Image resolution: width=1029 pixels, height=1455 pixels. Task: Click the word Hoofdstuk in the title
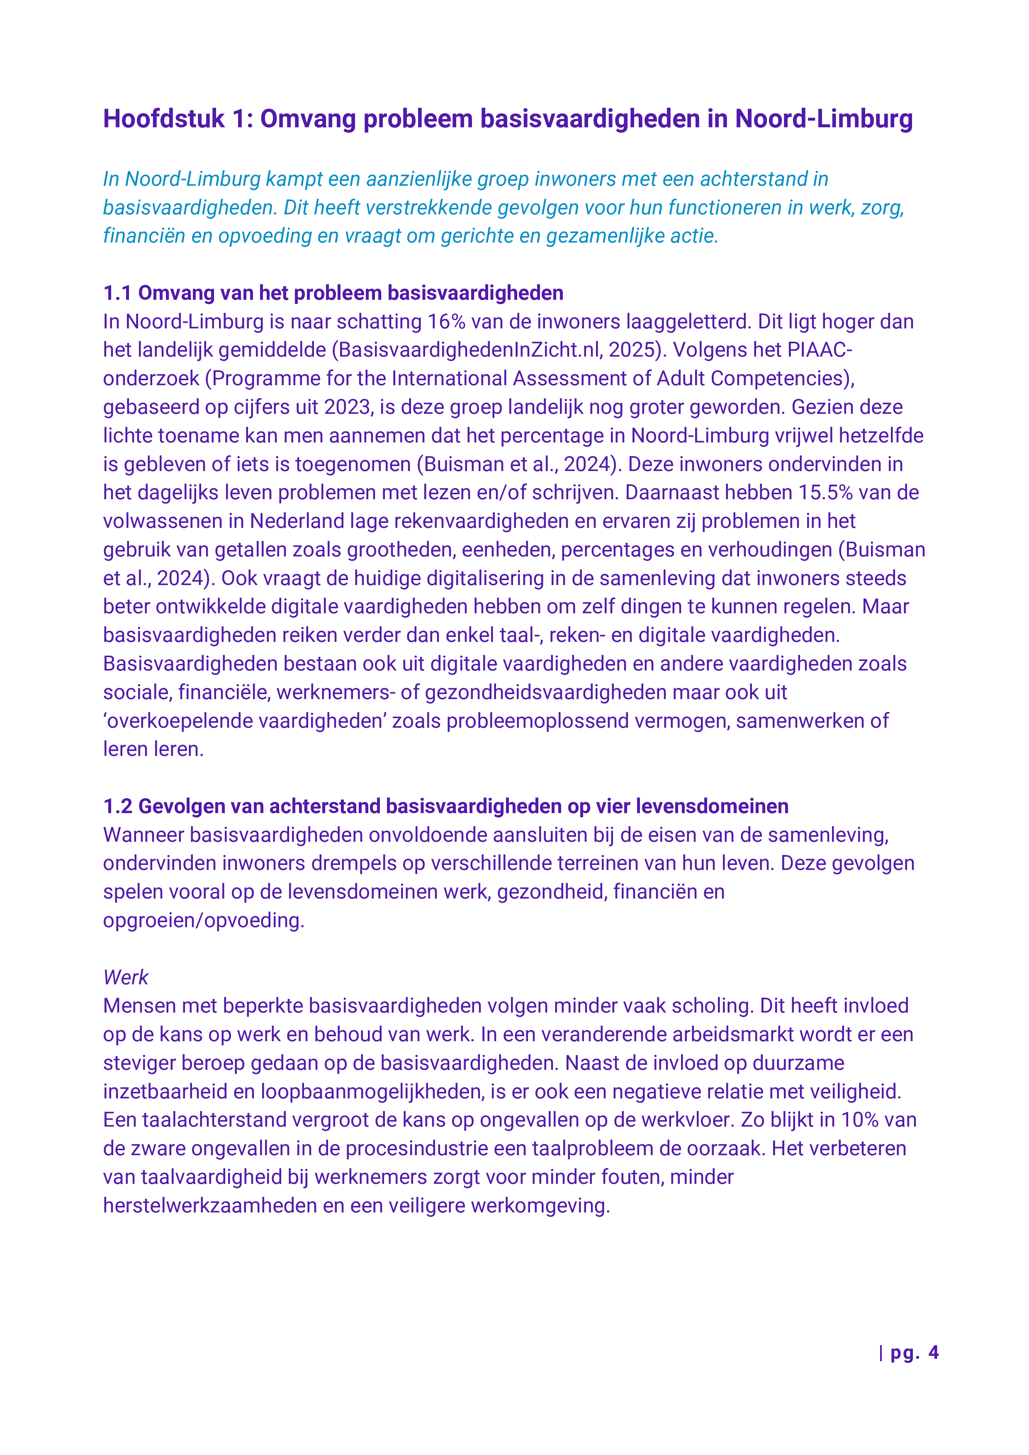pos(163,119)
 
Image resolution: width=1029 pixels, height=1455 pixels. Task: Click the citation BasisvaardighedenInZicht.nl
pos(469,350)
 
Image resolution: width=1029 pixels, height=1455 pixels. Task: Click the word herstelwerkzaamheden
pos(209,1205)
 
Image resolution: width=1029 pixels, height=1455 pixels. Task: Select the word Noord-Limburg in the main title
pos(824,119)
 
